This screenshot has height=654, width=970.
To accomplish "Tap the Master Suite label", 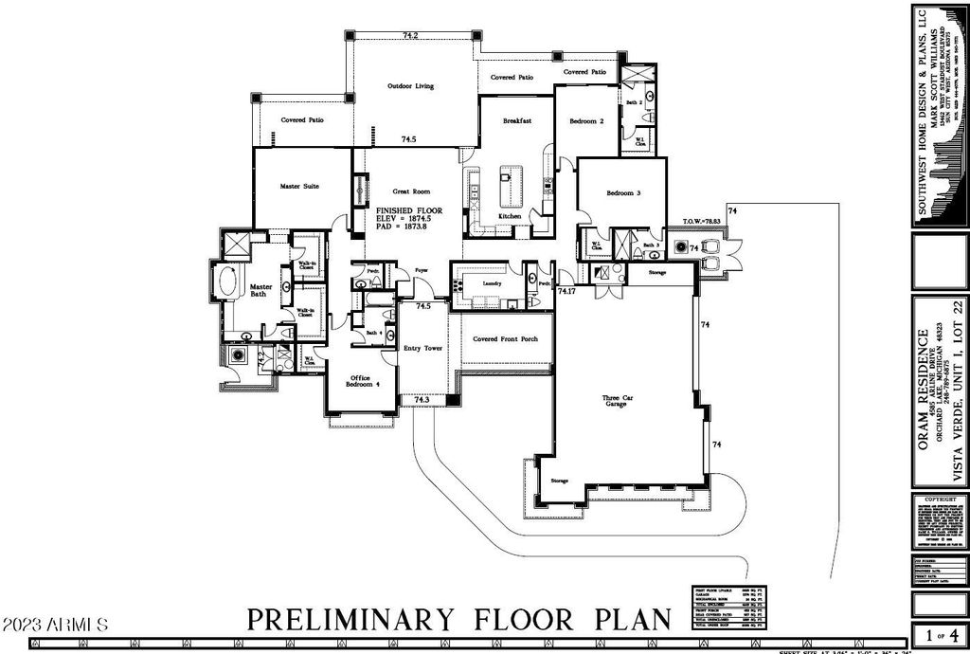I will [x=299, y=187].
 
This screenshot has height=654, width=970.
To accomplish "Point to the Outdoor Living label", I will [x=410, y=86].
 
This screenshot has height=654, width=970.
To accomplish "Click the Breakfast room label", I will [x=516, y=121].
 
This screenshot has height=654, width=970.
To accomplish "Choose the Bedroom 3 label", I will [x=623, y=193].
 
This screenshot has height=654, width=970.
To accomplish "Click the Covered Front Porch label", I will [x=506, y=339].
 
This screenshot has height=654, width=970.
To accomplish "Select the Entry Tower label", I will [x=423, y=349].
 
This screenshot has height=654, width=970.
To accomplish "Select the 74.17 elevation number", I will [x=566, y=292].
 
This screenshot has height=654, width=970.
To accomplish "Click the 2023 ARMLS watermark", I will [x=56, y=626].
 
